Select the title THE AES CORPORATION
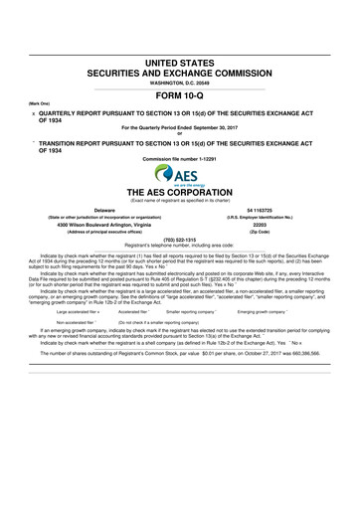pos(180,191)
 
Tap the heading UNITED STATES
pos(180,63)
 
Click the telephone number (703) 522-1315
pos(180,240)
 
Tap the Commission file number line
pos(180,159)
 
